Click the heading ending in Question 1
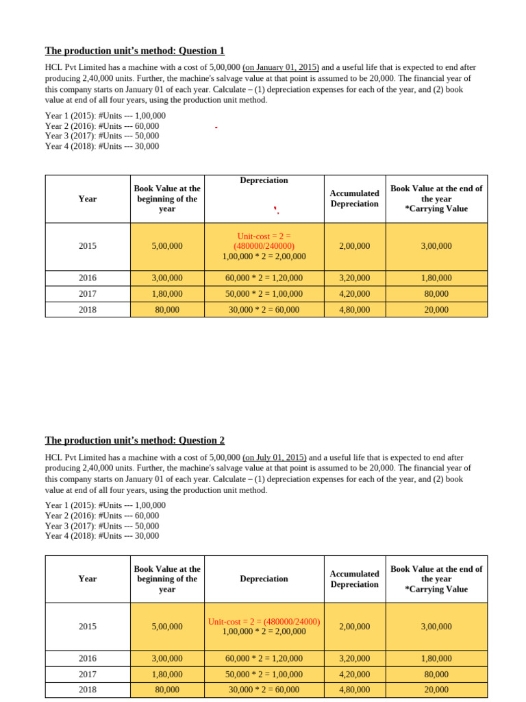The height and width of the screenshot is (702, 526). coord(134,51)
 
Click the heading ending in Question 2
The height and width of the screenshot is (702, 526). coord(134,440)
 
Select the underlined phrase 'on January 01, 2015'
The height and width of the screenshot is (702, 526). coord(281,67)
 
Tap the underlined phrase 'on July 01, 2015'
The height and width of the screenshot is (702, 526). coord(275,457)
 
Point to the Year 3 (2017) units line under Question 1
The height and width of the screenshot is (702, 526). coord(102,136)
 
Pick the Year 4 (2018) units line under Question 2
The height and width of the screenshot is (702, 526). coord(102,535)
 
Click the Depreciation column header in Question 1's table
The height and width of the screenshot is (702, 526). coord(264,180)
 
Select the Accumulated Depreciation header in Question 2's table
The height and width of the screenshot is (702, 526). coord(354,579)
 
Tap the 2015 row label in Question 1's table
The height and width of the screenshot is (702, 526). coord(88,246)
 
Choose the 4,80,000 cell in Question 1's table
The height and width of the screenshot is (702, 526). coord(354,310)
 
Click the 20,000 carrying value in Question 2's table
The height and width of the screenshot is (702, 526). coord(436,690)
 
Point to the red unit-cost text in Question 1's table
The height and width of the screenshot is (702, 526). coord(264,241)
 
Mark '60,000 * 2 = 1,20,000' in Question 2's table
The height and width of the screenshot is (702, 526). coord(264,659)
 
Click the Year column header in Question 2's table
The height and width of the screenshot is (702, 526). coord(88,579)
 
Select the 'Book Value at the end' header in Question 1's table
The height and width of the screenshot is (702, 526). coord(436,198)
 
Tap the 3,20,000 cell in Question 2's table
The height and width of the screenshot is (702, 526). coord(354,659)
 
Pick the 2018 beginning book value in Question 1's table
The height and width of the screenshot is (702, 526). coord(167,310)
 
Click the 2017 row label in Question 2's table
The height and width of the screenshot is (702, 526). coord(88,675)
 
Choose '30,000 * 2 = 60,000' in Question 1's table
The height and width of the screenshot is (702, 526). coord(264,310)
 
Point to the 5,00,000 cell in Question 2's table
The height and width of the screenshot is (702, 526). coord(167,627)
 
